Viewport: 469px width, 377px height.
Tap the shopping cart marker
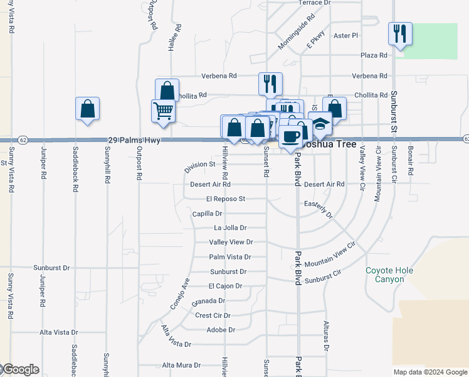click(x=163, y=111)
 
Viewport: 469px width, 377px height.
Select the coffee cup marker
click(x=291, y=136)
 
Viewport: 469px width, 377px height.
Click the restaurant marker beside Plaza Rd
click(x=400, y=33)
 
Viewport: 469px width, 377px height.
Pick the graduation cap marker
click(x=321, y=125)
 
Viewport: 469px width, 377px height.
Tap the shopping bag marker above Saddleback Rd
click(x=87, y=109)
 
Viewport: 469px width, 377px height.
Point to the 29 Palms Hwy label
click(x=135, y=140)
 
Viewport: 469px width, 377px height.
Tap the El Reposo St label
click(x=224, y=199)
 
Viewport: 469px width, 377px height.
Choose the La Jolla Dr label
click(x=230, y=228)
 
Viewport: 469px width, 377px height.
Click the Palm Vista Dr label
click(x=230, y=257)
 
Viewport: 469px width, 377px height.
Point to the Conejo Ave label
click(x=179, y=293)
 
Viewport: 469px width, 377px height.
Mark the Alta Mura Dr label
click(x=181, y=365)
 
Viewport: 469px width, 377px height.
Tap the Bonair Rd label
click(x=410, y=163)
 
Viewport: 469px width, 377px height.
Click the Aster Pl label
click(x=346, y=36)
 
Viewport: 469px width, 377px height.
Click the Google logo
click(x=20, y=369)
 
